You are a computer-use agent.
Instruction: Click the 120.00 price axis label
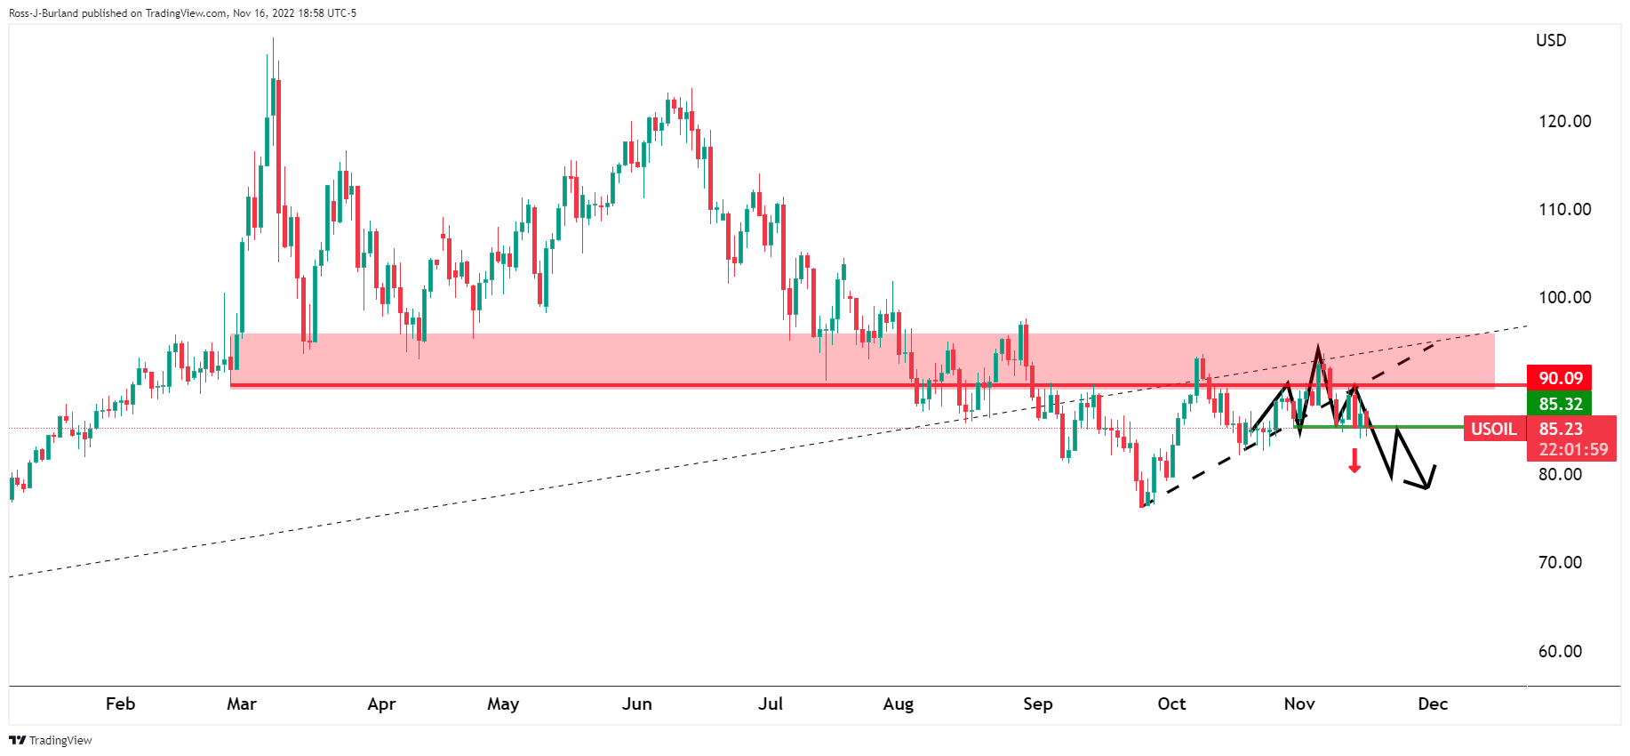(1564, 121)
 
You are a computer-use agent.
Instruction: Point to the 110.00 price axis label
(1564, 209)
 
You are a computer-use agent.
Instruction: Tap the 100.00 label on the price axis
(1564, 297)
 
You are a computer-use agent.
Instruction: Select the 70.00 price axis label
(1560, 562)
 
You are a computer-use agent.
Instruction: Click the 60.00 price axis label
(1560, 651)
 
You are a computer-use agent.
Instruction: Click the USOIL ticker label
(1493, 429)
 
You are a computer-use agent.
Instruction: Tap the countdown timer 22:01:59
(1572, 449)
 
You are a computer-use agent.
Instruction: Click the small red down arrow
(1354, 461)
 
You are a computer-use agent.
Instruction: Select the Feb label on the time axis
(120, 704)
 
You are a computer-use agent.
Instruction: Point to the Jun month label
(636, 704)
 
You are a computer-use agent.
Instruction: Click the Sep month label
(1037, 704)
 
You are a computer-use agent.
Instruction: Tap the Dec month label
(1433, 704)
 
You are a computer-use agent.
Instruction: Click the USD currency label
(1551, 40)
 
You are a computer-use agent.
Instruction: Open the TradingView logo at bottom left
(51, 740)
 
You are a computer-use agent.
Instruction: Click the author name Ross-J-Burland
(44, 13)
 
